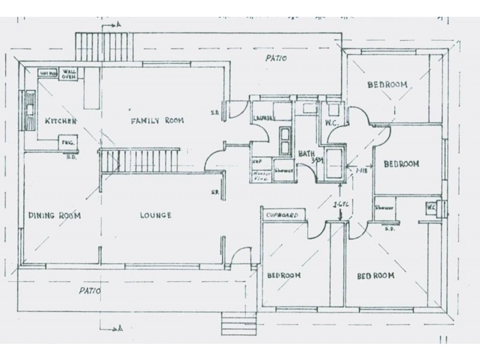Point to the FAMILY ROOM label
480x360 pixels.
[157, 121]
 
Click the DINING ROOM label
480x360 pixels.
[54, 215]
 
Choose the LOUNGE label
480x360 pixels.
[155, 215]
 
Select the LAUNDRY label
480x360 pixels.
[263, 118]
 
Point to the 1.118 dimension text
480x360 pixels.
[361, 171]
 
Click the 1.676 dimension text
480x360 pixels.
[341, 206]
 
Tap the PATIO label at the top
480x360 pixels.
[278, 59]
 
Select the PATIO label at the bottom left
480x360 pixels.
[89, 291]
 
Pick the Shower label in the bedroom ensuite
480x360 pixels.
[384, 208]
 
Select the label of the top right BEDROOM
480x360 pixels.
[387, 85]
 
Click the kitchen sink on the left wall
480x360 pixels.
[29, 110]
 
